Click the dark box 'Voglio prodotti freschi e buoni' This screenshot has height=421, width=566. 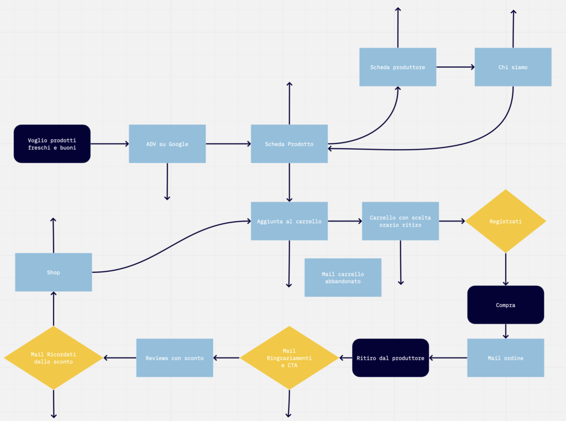[x=52, y=144]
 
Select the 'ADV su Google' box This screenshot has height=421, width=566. [x=167, y=144]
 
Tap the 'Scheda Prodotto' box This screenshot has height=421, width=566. [x=289, y=144]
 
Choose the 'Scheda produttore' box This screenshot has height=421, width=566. [x=397, y=67]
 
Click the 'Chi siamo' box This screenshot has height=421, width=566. [x=512, y=67]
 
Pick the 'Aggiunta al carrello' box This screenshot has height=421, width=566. [x=289, y=221]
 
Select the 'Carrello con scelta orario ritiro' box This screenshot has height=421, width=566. [x=400, y=221]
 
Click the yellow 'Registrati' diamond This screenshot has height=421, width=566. [x=505, y=221]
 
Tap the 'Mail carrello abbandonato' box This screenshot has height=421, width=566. [x=343, y=277]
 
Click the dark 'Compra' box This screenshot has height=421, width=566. [x=505, y=304]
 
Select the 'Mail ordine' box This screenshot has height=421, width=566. [x=505, y=357]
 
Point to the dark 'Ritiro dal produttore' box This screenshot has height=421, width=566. [x=390, y=357]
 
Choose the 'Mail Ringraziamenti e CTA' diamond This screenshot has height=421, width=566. [x=289, y=357]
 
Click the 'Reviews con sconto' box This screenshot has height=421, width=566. [x=174, y=357]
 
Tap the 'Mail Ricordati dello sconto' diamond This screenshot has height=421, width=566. [x=54, y=357]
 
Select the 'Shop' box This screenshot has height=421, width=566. [x=54, y=272]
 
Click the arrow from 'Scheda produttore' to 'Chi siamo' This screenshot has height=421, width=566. [x=455, y=67]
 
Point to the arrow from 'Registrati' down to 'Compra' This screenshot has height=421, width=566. [x=505, y=269]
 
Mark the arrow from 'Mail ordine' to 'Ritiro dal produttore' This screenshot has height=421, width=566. [x=448, y=357]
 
